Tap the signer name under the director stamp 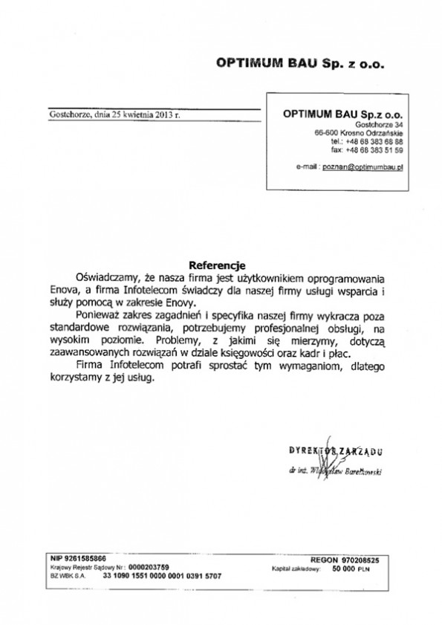(336, 470)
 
